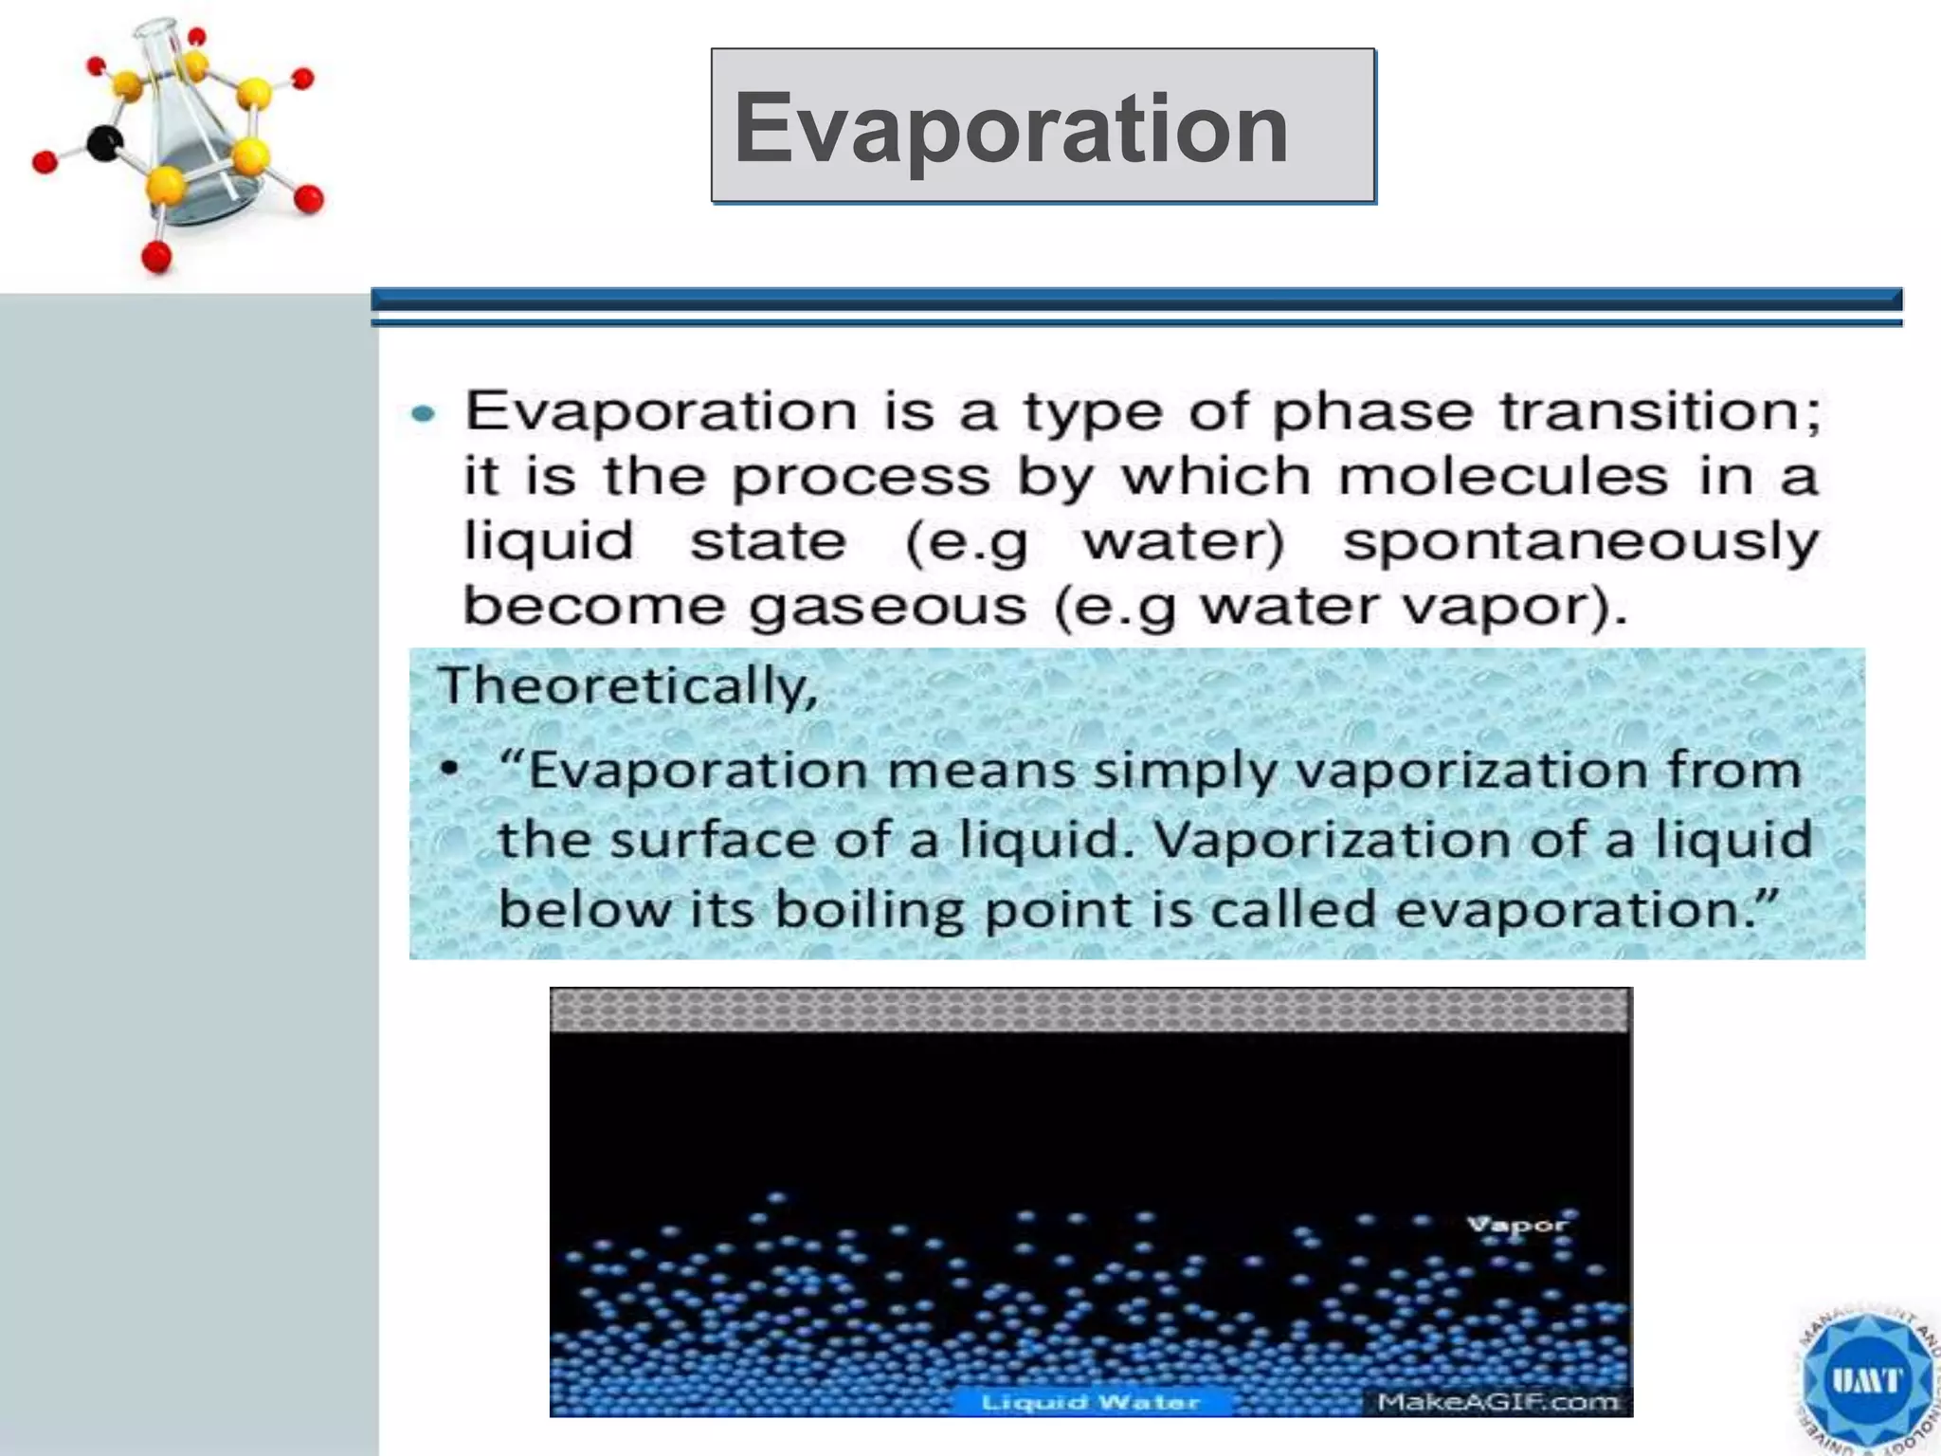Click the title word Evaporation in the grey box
[1010, 128]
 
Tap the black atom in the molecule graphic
[104, 143]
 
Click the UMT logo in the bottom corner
[1865, 1380]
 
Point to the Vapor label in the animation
[1517, 1224]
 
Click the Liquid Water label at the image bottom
[1090, 1402]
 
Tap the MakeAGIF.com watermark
[1497, 1402]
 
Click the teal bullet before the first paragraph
[424, 414]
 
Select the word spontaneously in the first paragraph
[1581, 542]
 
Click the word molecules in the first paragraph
[1503, 477]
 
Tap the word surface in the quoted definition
[712, 840]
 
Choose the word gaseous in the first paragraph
[887, 607]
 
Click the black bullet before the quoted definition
[451, 768]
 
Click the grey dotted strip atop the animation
[1090, 1010]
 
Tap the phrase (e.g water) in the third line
[1095, 542]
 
